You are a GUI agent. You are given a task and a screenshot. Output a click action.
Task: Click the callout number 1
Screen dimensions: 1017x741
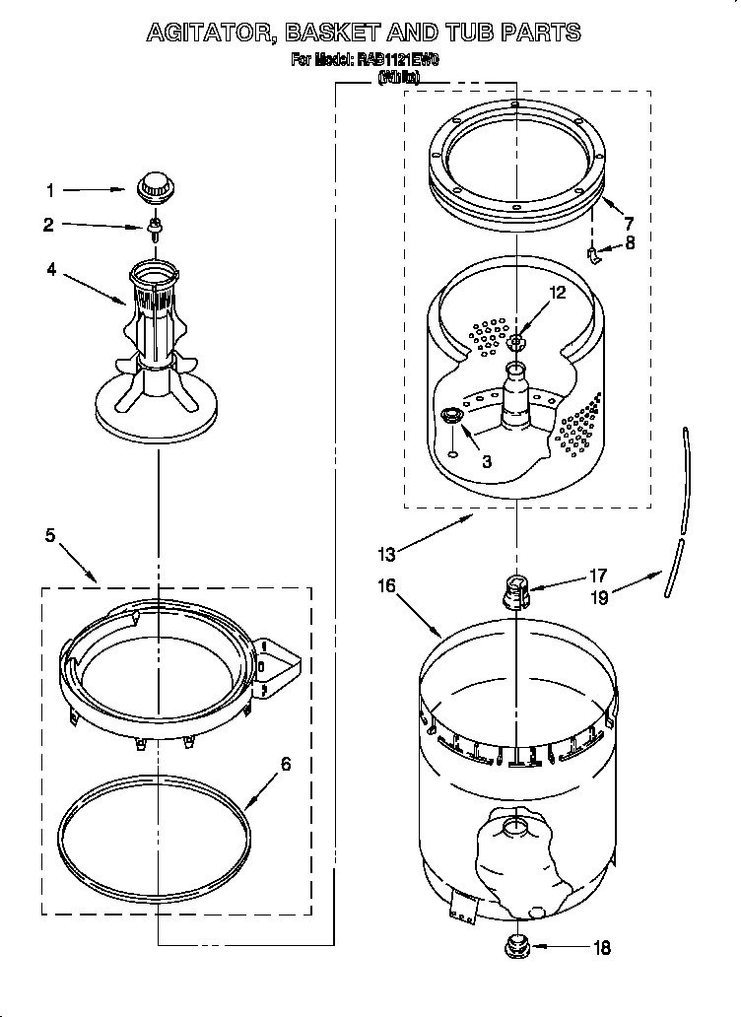point(52,190)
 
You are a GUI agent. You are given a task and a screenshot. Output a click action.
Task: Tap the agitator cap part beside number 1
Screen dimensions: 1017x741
point(153,184)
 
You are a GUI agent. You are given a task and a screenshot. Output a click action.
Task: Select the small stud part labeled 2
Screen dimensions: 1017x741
point(154,230)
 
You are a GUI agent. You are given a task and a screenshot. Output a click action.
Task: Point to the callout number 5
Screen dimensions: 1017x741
point(50,537)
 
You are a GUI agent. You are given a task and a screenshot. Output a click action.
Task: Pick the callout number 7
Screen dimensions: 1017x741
point(628,223)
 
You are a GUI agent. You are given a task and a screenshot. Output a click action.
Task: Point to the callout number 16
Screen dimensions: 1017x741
point(386,585)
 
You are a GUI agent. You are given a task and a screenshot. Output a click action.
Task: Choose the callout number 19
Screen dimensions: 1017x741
point(598,596)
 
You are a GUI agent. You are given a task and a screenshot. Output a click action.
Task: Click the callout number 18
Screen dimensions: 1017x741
point(601,948)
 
